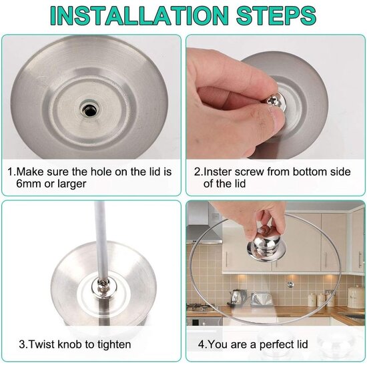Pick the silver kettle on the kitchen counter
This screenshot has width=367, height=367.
(237, 296)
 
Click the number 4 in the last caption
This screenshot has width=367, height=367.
(200, 344)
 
